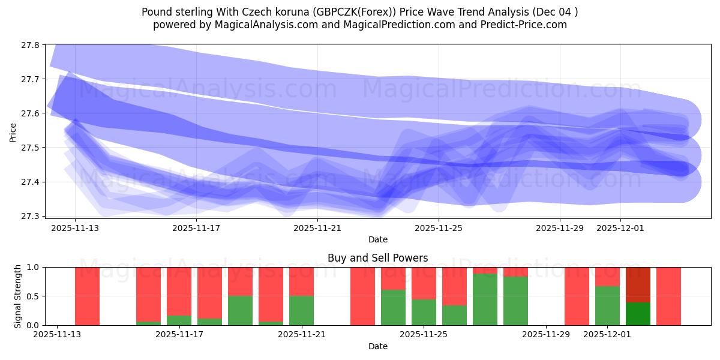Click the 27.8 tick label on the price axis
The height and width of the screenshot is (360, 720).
coord(30,45)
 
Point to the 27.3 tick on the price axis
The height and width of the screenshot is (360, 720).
coord(30,216)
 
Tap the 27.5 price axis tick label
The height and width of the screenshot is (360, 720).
coord(30,148)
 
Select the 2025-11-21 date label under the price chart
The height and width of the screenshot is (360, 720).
coord(317,228)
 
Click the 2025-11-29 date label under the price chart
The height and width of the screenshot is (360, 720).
coord(560,228)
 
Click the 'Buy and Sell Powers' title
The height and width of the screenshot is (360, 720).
coord(377,258)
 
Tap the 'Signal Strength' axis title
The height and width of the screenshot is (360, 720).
coord(18,296)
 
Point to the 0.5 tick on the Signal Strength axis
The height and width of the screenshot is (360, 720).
coord(34,296)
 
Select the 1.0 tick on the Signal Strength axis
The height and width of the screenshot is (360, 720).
coord(34,268)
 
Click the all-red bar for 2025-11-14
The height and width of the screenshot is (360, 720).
coord(87,296)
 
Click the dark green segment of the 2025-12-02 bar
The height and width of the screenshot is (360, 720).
coord(638,314)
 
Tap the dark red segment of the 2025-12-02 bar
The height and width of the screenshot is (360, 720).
coord(638,284)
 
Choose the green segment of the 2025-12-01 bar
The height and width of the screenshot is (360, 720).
coord(607,305)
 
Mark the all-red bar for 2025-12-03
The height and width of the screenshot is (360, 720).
coord(668,296)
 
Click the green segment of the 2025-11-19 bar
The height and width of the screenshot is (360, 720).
coord(240,310)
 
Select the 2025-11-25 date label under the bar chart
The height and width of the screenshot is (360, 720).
coord(424,335)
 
